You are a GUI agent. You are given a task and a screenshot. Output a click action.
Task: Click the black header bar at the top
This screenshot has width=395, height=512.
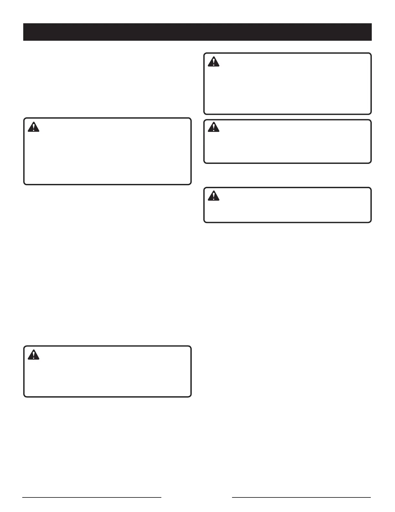tap(197, 32)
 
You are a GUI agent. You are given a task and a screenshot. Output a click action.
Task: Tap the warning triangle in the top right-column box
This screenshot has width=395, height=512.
tap(213, 62)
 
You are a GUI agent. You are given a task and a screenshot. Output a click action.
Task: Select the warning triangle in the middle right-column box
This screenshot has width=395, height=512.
tap(213, 127)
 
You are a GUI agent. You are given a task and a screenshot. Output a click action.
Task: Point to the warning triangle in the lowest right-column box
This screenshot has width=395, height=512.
tap(213, 196)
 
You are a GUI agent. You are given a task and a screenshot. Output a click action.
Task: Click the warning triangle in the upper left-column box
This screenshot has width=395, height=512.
tap(33, 127)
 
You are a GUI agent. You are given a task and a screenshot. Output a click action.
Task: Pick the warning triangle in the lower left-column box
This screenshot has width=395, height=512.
tap(33, 355)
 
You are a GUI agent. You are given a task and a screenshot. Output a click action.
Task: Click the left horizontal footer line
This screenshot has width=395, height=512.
tap(92, 497)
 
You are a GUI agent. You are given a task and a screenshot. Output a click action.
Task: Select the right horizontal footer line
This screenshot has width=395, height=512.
tap(301, 497)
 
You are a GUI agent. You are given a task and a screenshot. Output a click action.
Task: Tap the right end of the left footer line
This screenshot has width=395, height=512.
tap(161, 497)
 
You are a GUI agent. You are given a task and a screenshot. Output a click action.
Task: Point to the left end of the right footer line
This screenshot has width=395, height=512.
tap(233, 497)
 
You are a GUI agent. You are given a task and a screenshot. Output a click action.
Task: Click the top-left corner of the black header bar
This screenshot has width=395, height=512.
tap(24, 24)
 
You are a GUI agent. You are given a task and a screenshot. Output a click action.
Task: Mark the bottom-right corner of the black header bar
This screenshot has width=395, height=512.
tap(371, 40)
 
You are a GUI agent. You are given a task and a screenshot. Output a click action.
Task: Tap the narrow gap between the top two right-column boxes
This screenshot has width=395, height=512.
tap(287, 117)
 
